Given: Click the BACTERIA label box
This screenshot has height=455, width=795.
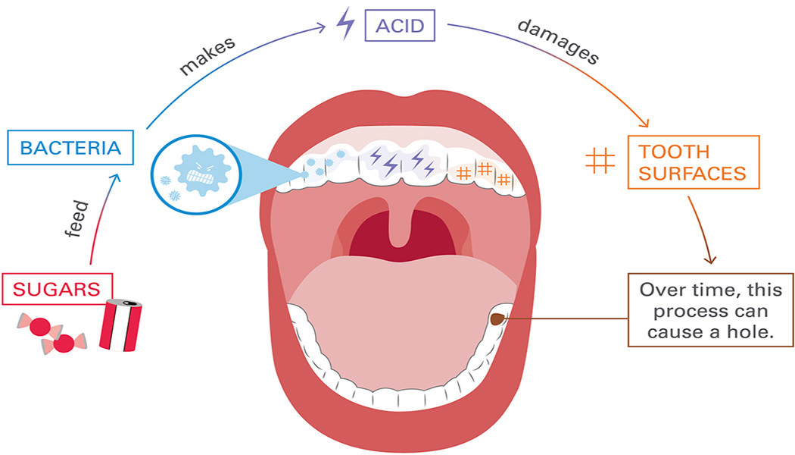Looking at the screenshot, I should coord(70,147).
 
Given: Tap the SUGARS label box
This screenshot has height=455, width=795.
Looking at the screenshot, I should coord(57,288).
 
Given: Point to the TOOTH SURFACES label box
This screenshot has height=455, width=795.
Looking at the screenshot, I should coord(692,162).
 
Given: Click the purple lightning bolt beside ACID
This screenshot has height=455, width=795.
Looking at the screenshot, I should coord(344,27).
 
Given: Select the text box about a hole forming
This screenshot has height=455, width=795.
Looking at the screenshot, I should coord(711,310).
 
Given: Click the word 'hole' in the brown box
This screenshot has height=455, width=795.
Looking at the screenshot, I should coord(758,332).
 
